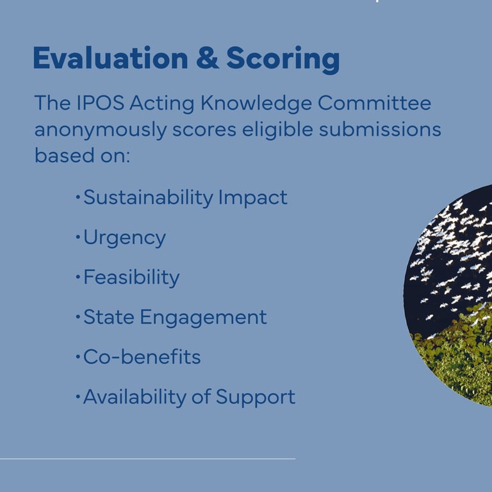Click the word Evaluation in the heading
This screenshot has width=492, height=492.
110,58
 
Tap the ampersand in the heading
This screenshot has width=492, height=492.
208,58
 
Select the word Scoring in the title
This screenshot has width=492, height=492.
283,60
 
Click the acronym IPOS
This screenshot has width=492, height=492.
101,102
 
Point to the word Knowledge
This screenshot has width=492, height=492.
256,104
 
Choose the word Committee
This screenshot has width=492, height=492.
374,102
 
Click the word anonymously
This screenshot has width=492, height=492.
101,130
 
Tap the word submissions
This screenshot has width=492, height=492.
380,129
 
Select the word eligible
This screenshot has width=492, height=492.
277,130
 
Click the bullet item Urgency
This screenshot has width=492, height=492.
124,238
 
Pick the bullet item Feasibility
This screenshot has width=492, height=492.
131,278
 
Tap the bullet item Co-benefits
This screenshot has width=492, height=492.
142,356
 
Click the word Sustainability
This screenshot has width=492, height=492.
148,199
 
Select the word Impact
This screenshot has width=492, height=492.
253,199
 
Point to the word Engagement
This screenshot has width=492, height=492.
203,318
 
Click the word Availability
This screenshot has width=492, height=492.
135,398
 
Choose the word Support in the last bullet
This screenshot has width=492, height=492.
256,398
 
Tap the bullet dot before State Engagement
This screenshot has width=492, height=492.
78,317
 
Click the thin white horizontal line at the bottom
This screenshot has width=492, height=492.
147,459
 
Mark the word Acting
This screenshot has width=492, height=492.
162,104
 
